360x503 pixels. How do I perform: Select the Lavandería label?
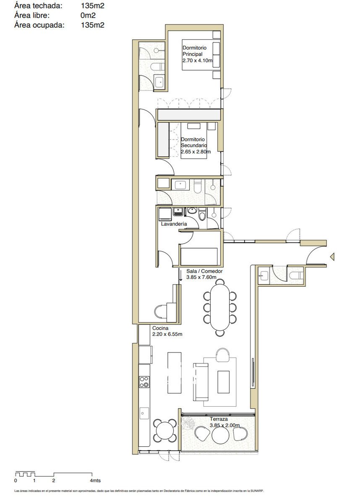pyautogui.click(x=174, y=224)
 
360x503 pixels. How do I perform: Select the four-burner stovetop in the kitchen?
pyautogui.click(x=144, y=382)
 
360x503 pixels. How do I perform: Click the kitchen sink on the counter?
pyautogui.click(x=144, y=413)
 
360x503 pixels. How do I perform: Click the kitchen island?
pyautogui.click(x=175, y=373)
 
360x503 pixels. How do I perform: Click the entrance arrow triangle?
pyautogui.click(x=332, y=257)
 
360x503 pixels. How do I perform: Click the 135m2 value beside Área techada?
pyautogui.click(x=93, y=6)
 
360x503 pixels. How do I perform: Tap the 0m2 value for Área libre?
pyautogui.click(x=88, y=15)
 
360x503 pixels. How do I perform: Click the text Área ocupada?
pyautogui.click(x=39, y=25)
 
